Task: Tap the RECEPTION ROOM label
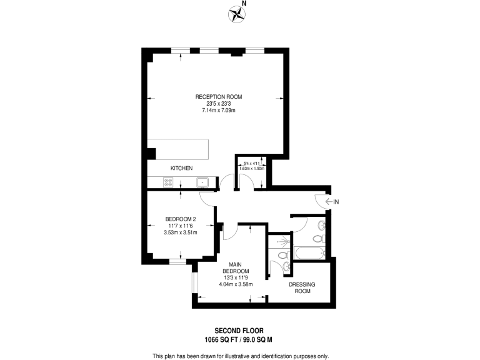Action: pos(218,97)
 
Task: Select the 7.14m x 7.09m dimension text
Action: pos(218,110)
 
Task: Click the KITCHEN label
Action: pos(181,169)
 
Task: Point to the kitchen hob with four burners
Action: pos(168,182)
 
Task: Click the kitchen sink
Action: pos(202,182)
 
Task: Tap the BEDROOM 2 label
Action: pos(181,219)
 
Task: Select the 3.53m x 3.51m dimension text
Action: pos(181,232)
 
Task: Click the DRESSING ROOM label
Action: pos(301,288)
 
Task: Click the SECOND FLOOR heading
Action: pos(239,330)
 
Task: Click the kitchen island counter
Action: pos(182,149)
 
